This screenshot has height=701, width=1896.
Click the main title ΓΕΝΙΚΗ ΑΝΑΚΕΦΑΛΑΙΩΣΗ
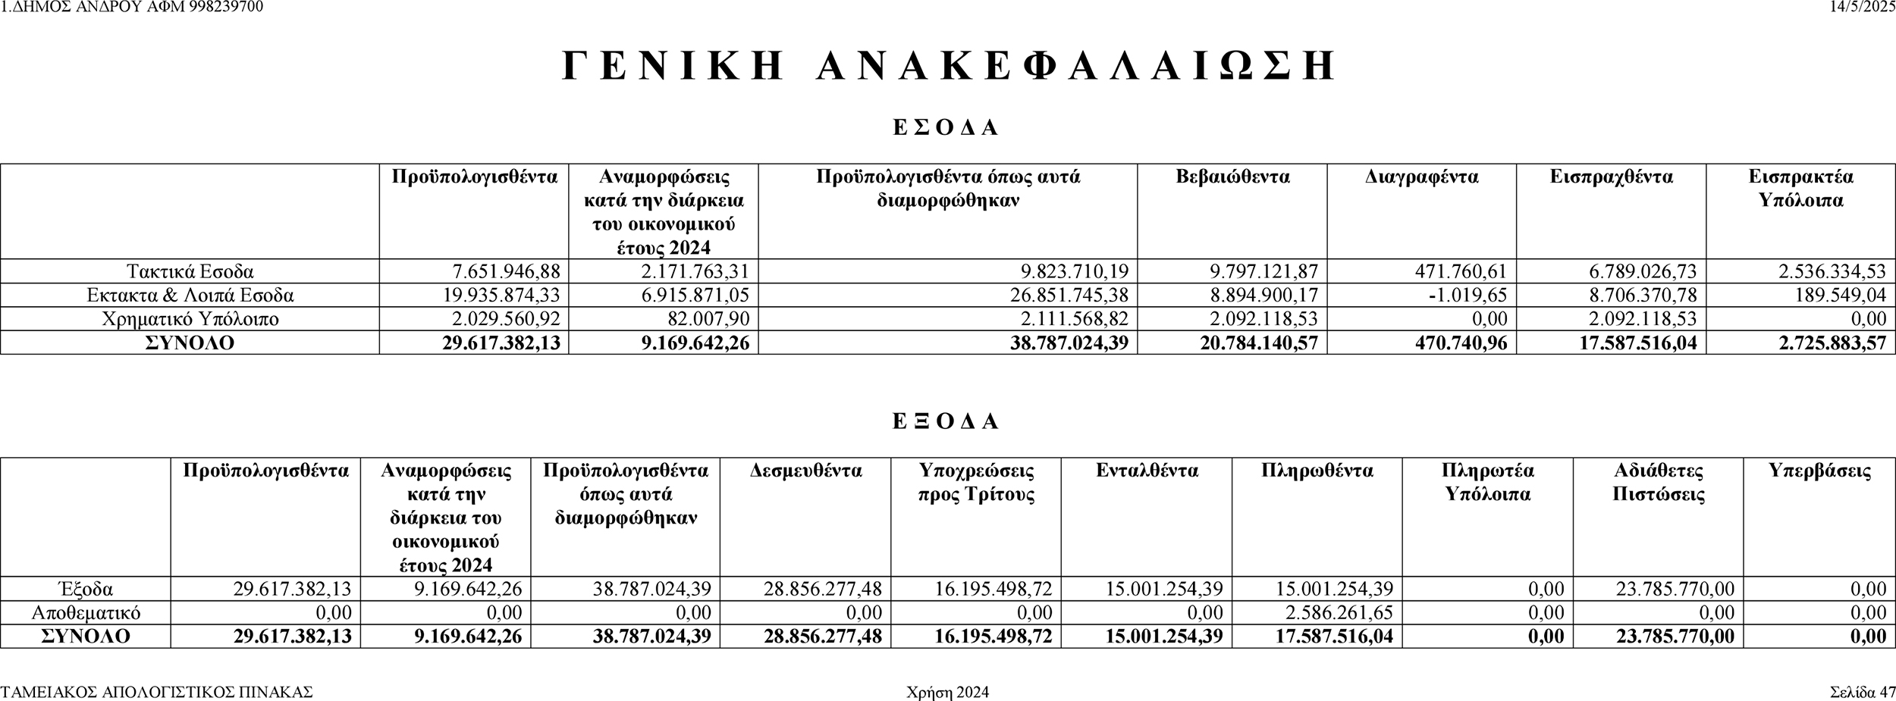948,66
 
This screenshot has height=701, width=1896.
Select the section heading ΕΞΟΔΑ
946,421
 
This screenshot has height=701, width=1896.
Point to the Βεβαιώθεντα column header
1232,177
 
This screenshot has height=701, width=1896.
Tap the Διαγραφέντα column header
1421,177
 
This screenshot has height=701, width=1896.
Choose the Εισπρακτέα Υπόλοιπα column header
1800,189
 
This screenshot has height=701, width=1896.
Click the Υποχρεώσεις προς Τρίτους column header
976,483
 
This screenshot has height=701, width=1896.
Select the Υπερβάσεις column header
1819,471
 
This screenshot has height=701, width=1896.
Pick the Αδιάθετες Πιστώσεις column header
1658,483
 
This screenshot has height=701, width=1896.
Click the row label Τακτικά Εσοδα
190,271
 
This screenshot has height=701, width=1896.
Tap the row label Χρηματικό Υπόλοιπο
190,319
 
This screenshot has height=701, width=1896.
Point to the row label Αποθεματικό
86,612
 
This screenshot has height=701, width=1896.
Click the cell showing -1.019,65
1467,295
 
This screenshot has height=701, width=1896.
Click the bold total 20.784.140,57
1258,343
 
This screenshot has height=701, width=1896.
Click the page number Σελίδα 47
1861,693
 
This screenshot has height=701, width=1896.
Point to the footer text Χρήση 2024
947,693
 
